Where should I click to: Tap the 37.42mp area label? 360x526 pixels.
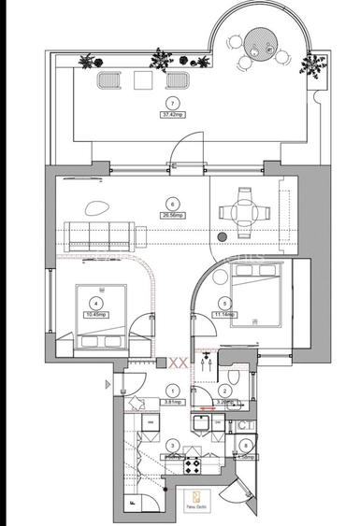point(171,114)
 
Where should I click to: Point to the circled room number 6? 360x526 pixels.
point(171,203)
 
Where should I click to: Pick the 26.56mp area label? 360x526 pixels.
point(171,214)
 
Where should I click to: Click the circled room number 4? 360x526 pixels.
point(94,302)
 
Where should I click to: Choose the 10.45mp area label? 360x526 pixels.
point(94,314)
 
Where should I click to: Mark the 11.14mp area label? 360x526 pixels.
point(225,314)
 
